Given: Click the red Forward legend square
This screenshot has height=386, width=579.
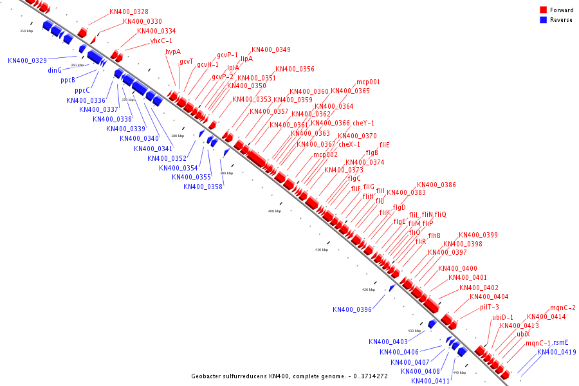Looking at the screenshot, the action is [x=543, y=10].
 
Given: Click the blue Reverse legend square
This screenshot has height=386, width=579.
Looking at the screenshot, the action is [x=543, y=20].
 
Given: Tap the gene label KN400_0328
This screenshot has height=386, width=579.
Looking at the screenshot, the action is [x=129, y=12].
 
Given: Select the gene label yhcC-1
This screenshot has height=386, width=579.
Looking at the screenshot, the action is [x=161, y=41].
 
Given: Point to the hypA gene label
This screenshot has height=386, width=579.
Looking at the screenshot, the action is [x=173, y=51].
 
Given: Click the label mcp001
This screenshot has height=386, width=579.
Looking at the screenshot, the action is [x=368, y=82].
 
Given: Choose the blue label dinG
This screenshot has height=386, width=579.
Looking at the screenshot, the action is [x=55, y=70].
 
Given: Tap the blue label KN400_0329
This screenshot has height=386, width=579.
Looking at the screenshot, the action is [x=27, y=60].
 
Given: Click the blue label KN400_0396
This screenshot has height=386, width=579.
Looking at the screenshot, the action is [x=352, y=309].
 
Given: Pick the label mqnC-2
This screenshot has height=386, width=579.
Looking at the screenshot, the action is [x=563, y=308].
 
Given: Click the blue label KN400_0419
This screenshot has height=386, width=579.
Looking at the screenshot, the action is [x=556, y=353].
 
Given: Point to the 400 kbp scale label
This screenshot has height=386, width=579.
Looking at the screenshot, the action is [x=275, y=211].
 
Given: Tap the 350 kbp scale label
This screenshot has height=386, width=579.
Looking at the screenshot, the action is [x=26, y=31].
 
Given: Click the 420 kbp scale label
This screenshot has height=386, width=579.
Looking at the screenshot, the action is [x=369, y=289].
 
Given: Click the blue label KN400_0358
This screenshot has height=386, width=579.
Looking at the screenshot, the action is [x=203, y=187].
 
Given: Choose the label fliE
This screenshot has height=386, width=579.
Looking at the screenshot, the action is [x=385, y=145].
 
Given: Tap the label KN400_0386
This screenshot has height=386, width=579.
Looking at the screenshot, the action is [x=436, y=185].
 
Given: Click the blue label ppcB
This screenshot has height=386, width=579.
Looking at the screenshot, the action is [x=68, y=80].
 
